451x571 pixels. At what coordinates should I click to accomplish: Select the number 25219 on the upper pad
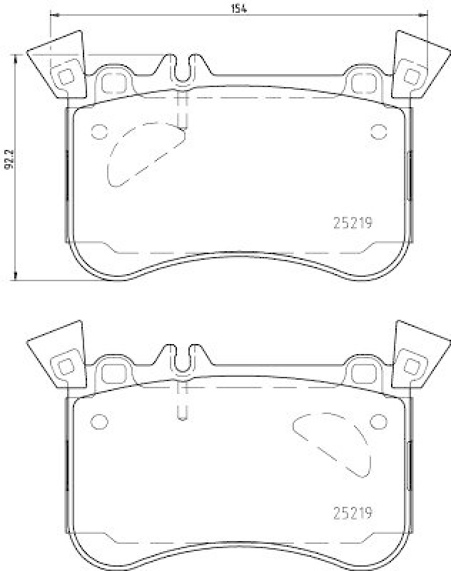pyautogui.click(x=353, y=222)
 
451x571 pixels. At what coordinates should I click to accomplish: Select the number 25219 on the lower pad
pyautogui.click(x=353, y=512)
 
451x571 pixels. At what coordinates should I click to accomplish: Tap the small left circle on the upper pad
pyautogui.click(x=98, y=131)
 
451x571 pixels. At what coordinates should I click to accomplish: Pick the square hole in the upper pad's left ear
pyautogui.click(x=66, y=76)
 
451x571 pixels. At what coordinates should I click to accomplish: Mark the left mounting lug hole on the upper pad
pyautogui.click(x=111, y=83)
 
